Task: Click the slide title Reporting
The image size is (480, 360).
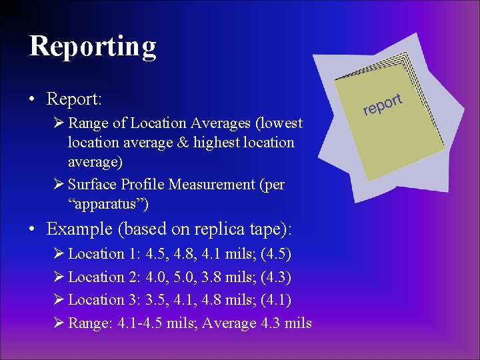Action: point(93,46)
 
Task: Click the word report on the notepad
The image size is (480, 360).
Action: point(383,104)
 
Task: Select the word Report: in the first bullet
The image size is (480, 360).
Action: point(73,99)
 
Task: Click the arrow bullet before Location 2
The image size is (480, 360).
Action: point(59,277)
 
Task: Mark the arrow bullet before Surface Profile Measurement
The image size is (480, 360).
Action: point(59,184)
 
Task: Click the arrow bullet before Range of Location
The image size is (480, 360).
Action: point(59,123)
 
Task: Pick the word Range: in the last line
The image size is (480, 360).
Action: point(91,323)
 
